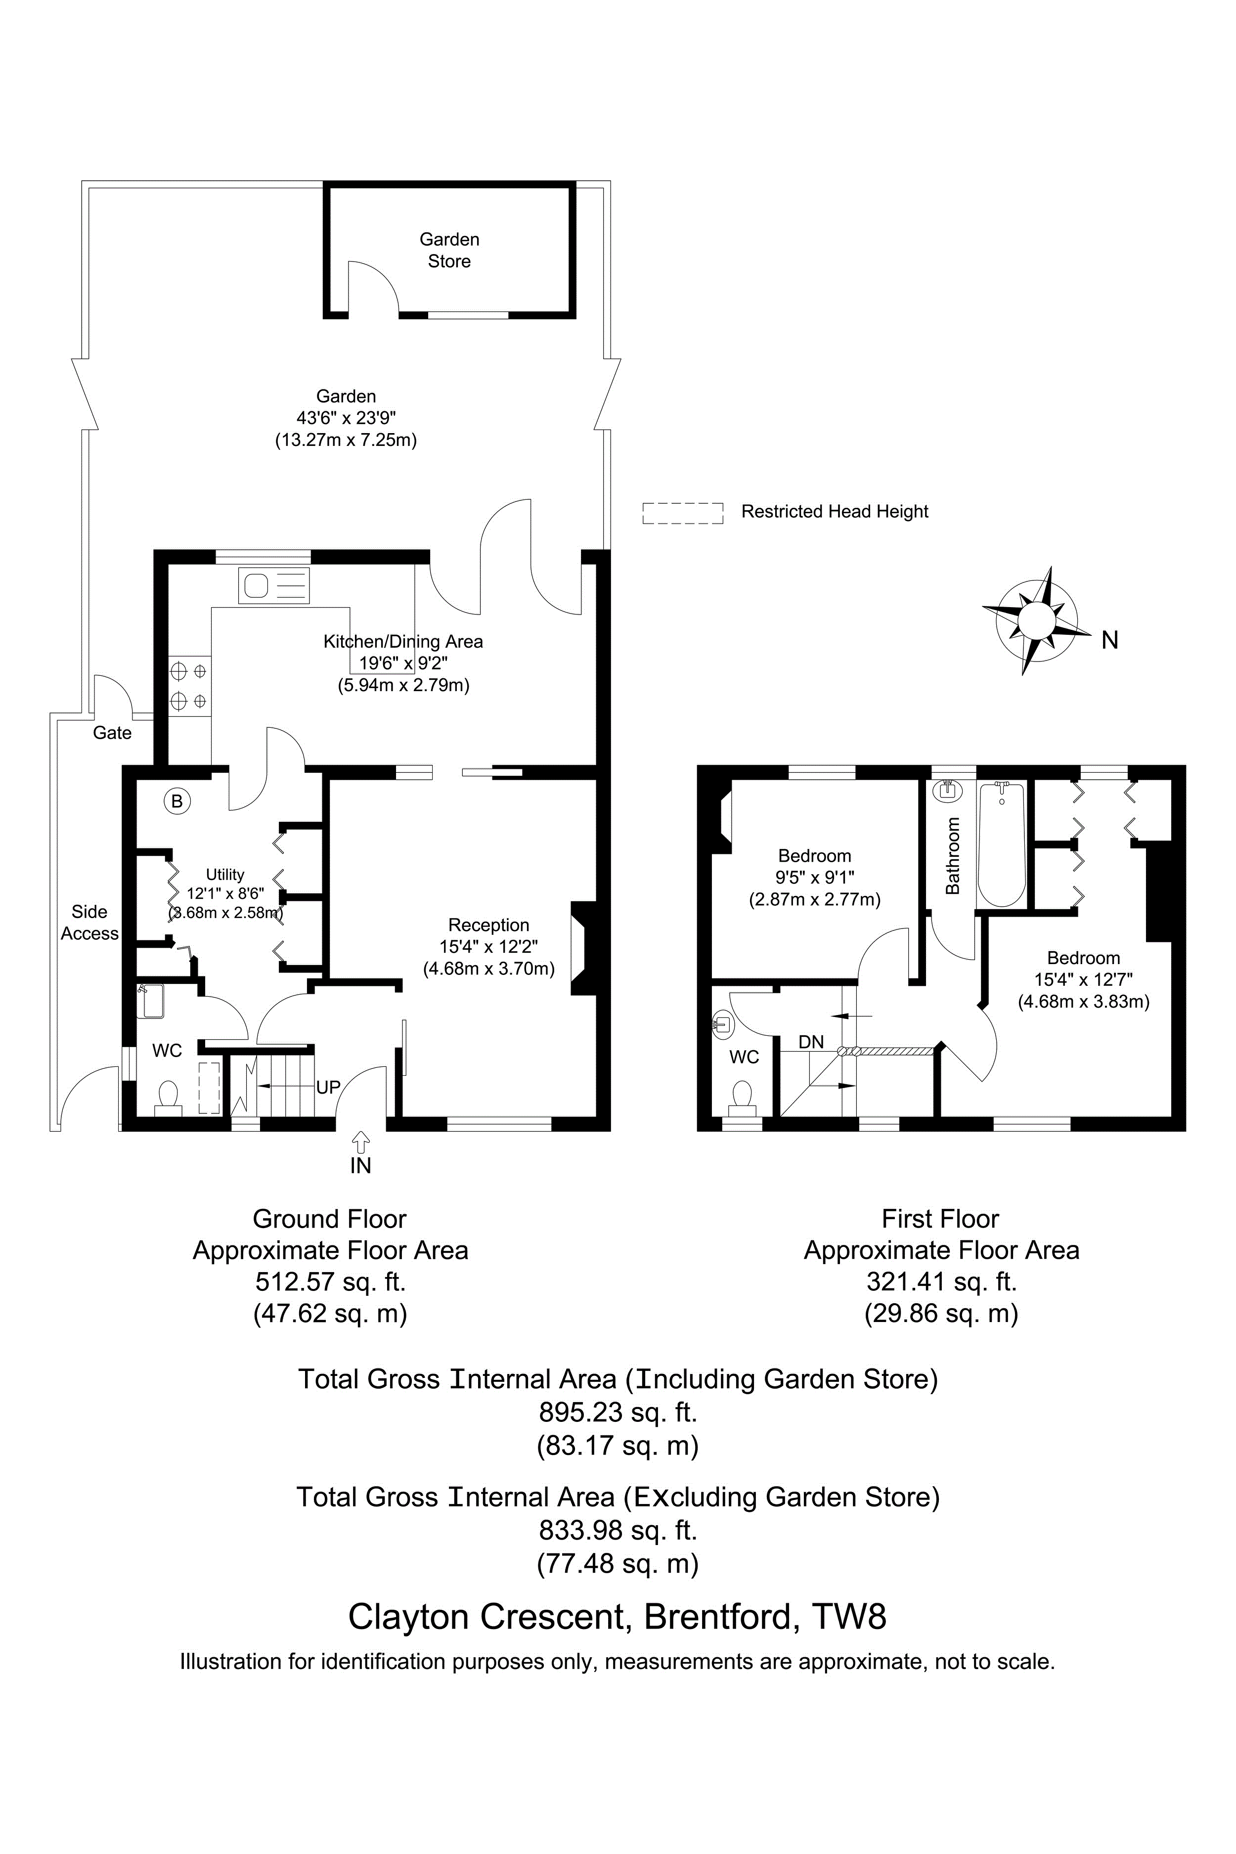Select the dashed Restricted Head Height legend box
[683, 513]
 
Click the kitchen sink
[273, 586]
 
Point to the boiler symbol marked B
[177, 801]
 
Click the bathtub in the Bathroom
[1001, 844]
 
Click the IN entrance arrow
[360, 1142]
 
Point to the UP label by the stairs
[328, 1087]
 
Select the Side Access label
[89, 922]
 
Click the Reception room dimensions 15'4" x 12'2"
[489, 947]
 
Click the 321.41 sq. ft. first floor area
[941, 1281]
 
